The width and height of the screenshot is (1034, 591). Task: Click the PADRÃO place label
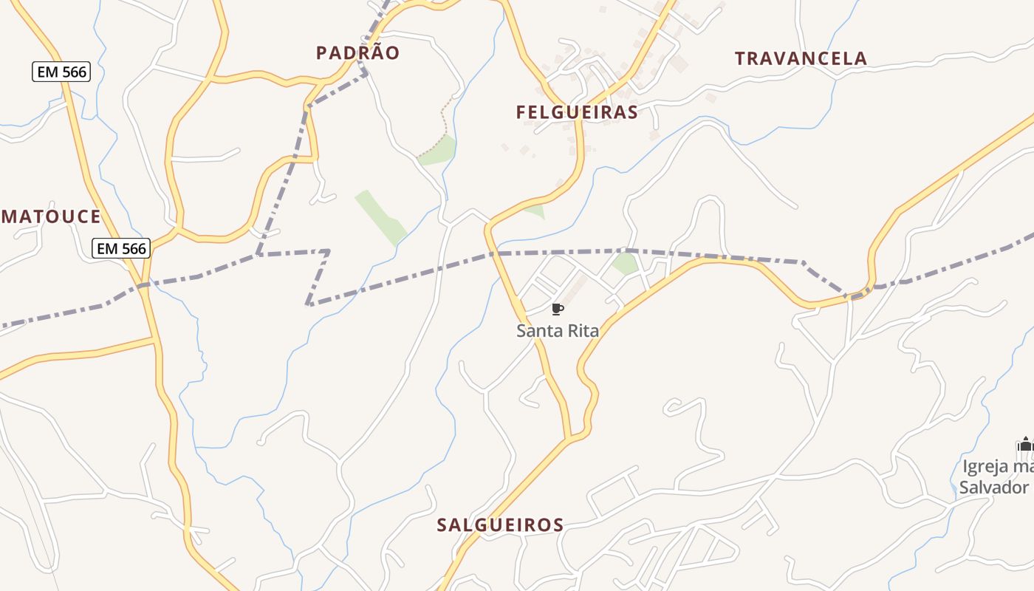pyautogui.click(x=357, y=52)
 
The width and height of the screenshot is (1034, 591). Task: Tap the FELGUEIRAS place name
pyautogui.click(x=577, y=112)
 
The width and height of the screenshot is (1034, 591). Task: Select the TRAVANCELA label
pyautogui.click(x=801, y=58)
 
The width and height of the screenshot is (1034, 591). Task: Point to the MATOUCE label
pyautogui.click(x=51, y=216)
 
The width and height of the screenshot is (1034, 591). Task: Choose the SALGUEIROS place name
pyautogui.click(x=501, y=525)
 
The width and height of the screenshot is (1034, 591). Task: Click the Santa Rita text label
pyautogui.click(x=558, y=331)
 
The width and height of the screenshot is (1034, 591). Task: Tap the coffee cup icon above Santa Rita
pyautogui.click(x=558, y=309)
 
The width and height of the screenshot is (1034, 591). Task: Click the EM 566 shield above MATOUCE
pyautogui.click(x=61, y=72)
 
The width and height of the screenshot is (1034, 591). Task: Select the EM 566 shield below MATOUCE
pyautogui.click(x=121, y=248)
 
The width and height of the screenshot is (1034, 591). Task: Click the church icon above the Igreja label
pyautogui.click(x=1024, y=444)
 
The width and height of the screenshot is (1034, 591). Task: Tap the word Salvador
pyautogui.click(x=993, y=488)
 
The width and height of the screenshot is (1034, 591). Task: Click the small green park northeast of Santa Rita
pyautogui.click(x=625, y=264)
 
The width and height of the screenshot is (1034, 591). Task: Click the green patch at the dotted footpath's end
pyautogui.click(x=440, y=151)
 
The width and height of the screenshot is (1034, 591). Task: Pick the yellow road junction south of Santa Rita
pyautogui.click(x=570, y=439)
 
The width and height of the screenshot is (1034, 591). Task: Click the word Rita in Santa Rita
pyautogui.click(x=583, y=331)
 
